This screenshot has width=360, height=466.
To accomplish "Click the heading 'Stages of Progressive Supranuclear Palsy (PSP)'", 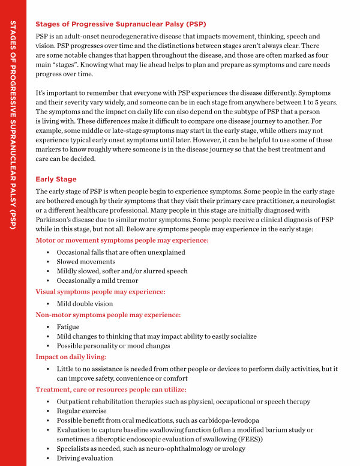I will pos(121,25).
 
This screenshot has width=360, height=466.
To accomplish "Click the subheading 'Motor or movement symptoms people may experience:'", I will pos(122,240).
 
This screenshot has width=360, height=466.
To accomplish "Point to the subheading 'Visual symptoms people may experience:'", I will pos(100,292).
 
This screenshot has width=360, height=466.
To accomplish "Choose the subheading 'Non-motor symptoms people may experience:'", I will pos(108,315).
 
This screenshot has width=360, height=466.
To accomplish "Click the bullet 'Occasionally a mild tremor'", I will pos(97,280).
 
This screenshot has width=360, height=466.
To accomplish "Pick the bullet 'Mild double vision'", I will pos(85,304).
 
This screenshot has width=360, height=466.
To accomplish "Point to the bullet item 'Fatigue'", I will pos(68,327).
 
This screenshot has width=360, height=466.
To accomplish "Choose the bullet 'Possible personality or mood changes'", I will pos(113,345).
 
